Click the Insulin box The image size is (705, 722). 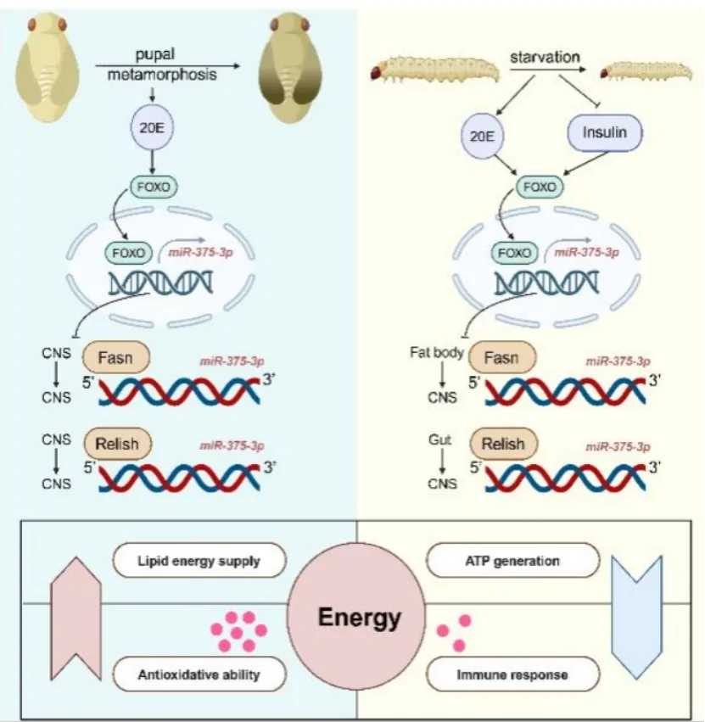pos(605,133)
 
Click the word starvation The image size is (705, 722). pos(545,57)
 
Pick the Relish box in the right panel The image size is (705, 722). pos(503,444)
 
